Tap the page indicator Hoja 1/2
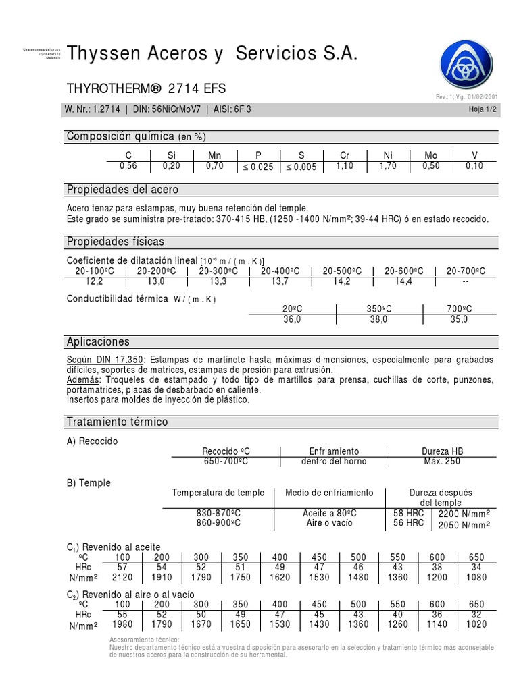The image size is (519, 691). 482,110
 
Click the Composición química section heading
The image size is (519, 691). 135,137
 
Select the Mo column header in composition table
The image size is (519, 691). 430,155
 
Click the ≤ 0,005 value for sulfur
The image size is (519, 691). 301,167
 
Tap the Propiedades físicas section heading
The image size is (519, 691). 115,242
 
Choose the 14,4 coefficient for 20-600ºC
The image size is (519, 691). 403,281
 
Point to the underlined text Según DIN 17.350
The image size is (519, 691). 105,360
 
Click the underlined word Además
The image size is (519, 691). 82,380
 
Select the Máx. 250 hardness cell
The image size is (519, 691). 442,461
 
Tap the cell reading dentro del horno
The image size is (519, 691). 334,461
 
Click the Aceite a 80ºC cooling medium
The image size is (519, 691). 330,513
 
